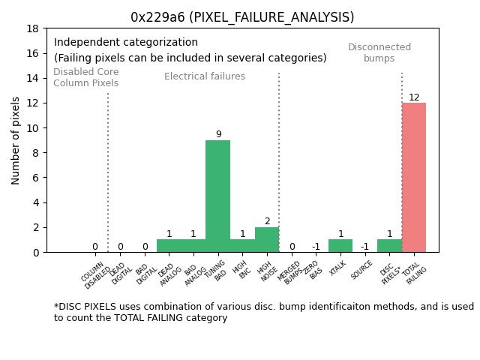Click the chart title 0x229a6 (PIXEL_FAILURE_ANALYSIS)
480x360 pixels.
(242, 17)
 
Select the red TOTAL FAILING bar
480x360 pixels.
(414, 177)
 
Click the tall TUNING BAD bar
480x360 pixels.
(217, 196)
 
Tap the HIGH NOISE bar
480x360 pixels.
(267, 239)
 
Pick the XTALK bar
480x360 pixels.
(340, 245)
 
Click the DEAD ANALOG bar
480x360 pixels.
(169, 245)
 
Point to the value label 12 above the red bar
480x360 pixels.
(414, 97)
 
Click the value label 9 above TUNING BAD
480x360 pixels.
(218, 135)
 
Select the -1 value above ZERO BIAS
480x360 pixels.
(316, 247)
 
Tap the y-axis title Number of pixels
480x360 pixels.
(16, 140)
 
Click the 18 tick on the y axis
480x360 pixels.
(33, 28)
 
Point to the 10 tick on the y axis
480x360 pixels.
(33, 128)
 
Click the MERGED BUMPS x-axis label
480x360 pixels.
(291, 273)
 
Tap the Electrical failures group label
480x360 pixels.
(205, 76)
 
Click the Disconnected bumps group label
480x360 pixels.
(379, 52)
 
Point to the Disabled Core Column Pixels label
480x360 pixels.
(85, 78)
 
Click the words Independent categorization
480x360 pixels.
(126, 43)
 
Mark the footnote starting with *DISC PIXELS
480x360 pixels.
(263, 312)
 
